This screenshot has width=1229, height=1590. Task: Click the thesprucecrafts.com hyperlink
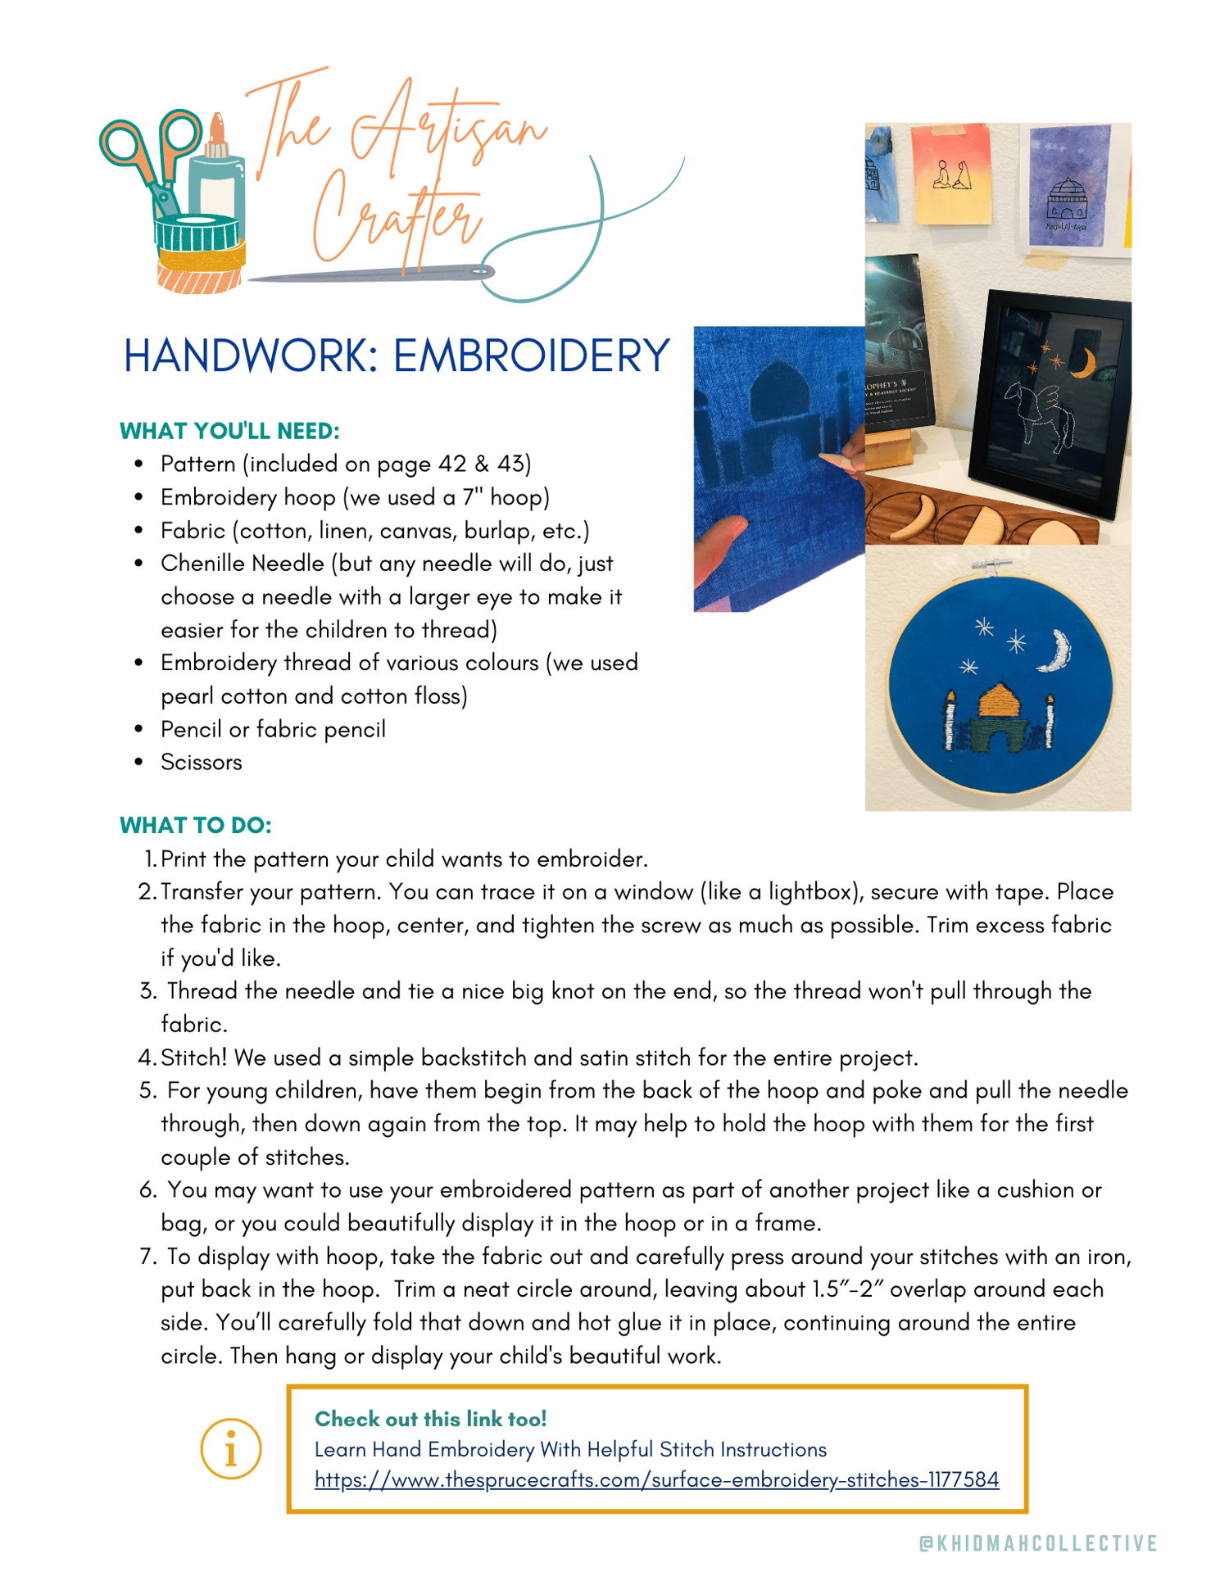pyautogui.click(x=656, y=1479)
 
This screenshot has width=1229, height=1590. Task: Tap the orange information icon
pyautogui.click(x=231, y=1448)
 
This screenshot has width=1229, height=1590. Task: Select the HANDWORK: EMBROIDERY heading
pyautogui.click(x=397, y=356)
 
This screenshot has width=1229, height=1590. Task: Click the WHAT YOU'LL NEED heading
pyautogui.click(x=229, y=431)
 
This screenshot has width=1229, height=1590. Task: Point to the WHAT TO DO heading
pyautogui.click(x=196, y=825)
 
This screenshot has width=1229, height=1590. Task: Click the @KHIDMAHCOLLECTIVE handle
pyautogui.click(x=1038, y=1543)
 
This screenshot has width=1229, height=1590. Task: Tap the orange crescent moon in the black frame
pyautogui.click(x=1086, y=364)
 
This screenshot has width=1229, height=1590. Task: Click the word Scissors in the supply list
pyautogui.click(x=202, y=763)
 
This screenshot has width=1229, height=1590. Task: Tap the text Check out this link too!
pyautogui.click(x=430, y=1419)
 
